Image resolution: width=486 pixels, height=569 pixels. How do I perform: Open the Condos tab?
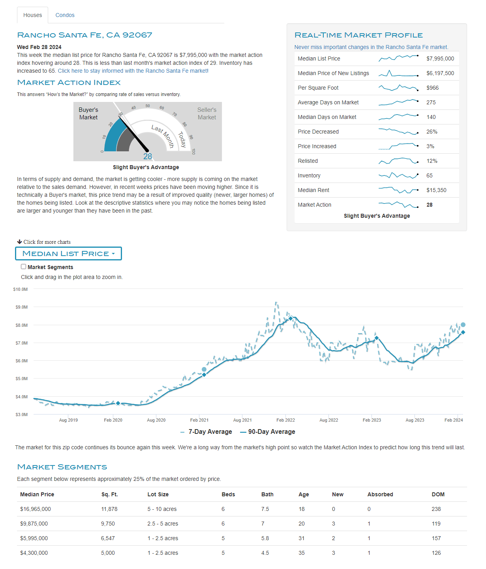65,15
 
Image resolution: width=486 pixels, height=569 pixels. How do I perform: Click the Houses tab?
32,15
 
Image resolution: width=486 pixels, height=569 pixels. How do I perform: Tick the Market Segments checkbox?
24,267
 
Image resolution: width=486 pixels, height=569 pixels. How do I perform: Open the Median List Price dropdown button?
68,254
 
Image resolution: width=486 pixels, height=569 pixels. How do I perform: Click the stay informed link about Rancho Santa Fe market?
133,71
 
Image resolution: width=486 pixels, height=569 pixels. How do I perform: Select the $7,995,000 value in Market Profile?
440,58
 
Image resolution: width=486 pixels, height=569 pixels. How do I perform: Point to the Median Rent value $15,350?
436,190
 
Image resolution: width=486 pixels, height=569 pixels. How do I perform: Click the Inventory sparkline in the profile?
398,175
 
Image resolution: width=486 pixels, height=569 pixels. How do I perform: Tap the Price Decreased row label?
318,132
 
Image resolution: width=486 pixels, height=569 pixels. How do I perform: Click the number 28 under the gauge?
148,156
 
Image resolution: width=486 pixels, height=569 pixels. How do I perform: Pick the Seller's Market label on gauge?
207,113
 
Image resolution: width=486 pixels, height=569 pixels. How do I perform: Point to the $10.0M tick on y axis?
21,289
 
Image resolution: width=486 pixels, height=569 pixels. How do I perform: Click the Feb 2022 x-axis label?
285,420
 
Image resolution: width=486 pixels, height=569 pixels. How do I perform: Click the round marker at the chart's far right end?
463,325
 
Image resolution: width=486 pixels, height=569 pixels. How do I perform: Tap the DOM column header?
438,494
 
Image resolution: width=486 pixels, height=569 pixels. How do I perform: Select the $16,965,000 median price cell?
36,509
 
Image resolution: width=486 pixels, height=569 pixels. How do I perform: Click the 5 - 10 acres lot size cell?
162,509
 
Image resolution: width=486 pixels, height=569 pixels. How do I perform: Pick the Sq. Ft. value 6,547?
108,538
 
